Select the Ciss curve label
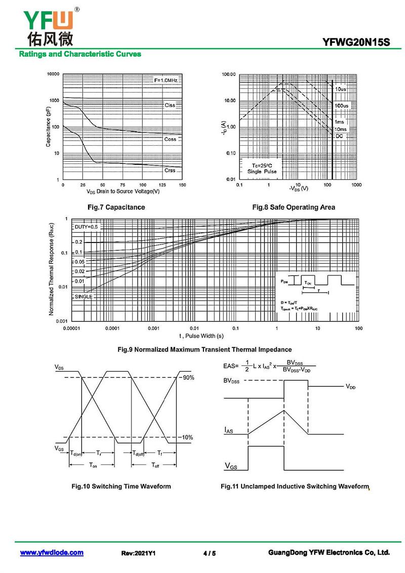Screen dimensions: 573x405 (x=170, y=105)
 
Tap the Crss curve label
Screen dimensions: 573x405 (x=170, y=171)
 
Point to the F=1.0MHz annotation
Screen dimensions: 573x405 (x=168, y=80)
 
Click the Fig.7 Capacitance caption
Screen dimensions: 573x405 (x=116, y=207)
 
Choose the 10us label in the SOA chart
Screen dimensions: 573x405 (x=341, y=89)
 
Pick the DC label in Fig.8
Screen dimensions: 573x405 (x=339, y=136)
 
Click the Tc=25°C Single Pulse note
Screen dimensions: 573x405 (x=262, y=169)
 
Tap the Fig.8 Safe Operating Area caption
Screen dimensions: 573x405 (x=294, y=207)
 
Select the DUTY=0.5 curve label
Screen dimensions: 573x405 (x=86, y=227)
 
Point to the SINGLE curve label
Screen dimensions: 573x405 (x=84, y=297)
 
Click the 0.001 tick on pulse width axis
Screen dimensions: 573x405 (x=153, y=329)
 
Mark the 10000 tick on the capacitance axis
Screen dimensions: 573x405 (x=53, y=74)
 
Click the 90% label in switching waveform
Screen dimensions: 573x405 (x=188, y=378)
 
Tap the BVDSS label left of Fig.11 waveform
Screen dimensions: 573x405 (x=232, y=381)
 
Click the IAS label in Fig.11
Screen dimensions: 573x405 (x=229, y=430)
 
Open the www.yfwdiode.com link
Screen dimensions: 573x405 (x=52, y=553)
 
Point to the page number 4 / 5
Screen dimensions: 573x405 (x=209, y=553)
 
